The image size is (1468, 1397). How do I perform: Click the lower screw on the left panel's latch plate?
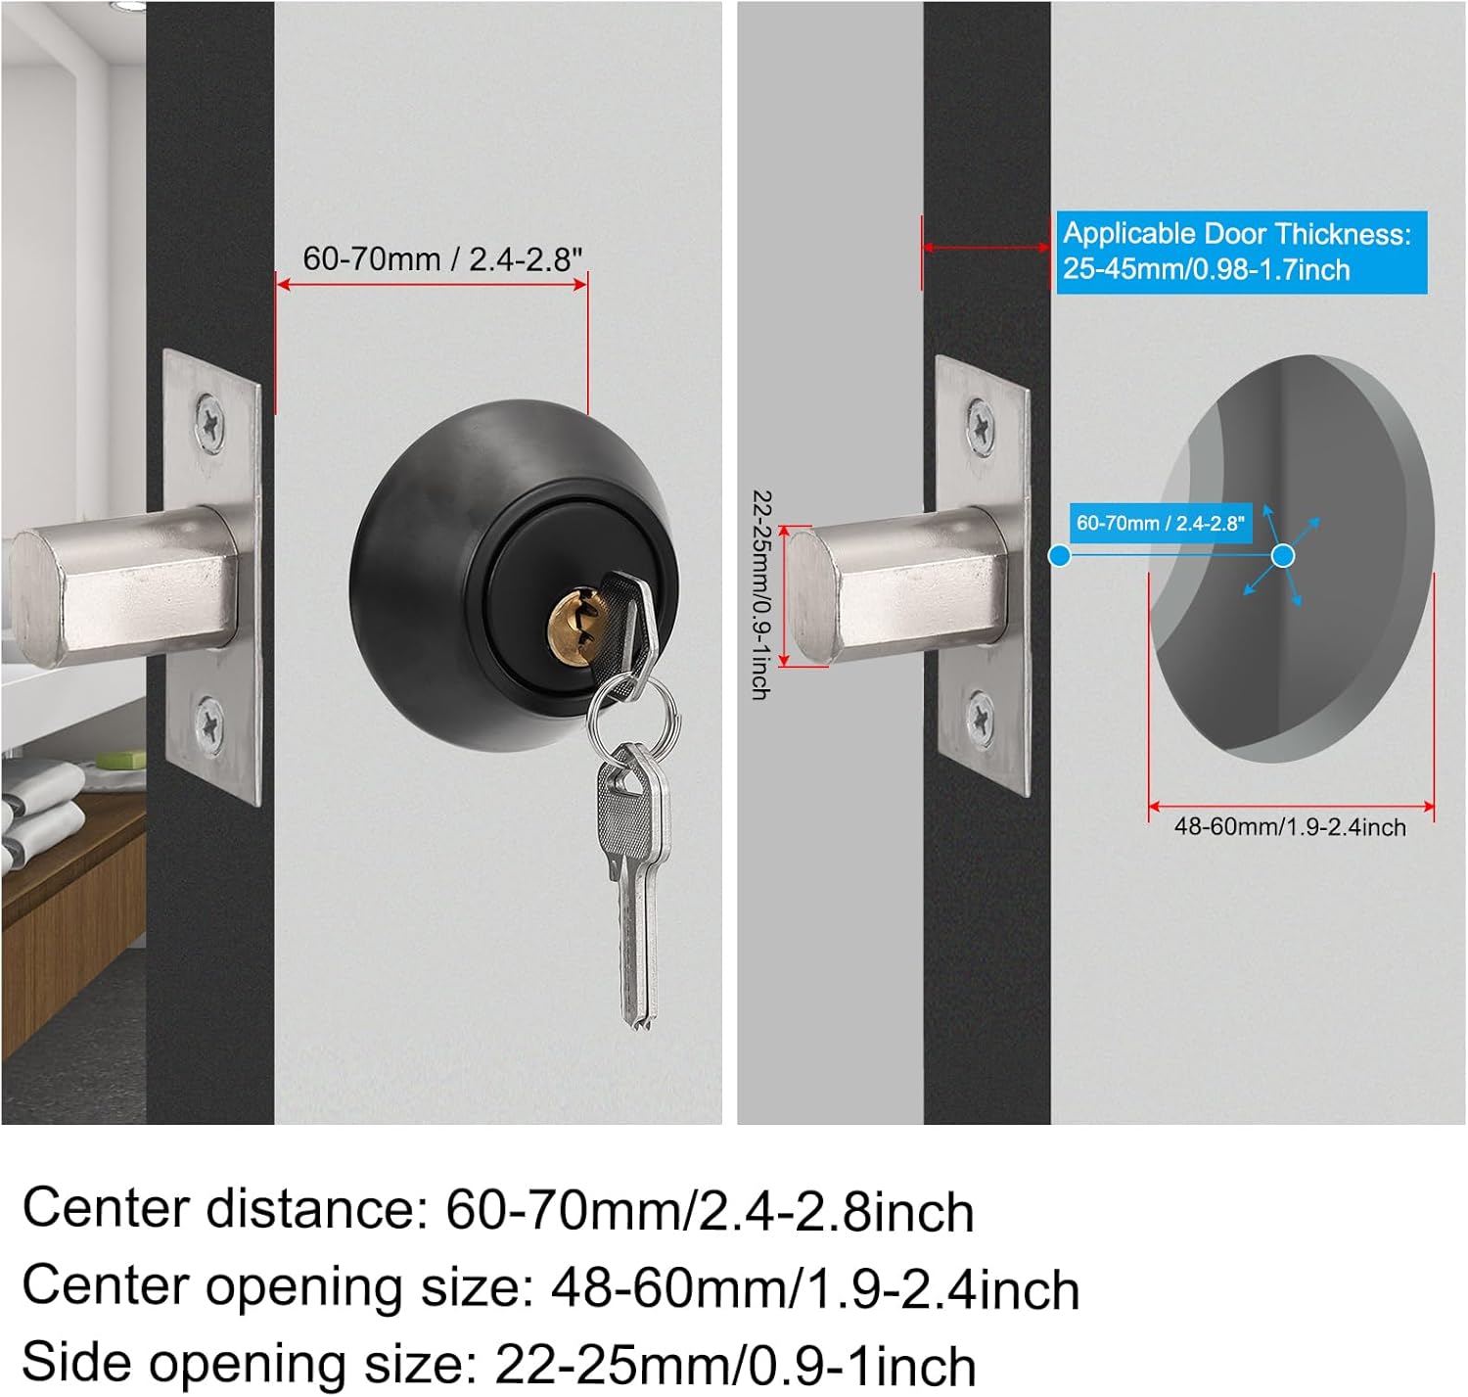pyautogui.click(x=209, y=725)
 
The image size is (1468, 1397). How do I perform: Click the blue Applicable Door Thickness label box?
pyautogui.click(x=1241, y=252)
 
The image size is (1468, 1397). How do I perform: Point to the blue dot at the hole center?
pyautogui.click(x=1282, y=556)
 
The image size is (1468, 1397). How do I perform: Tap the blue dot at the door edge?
pyautogui.click(x=1059, y=556)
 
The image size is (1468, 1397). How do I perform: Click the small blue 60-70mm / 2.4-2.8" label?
pyautogui.click(x=1160, y=523)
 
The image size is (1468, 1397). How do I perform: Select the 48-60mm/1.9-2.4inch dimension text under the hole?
pyautogui.click(x=1290, y=827)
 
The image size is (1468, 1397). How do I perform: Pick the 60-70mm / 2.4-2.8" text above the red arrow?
pyautogui.click(x=442, y=259)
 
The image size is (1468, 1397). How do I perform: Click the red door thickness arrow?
pyautogui.click(x=986, y=247)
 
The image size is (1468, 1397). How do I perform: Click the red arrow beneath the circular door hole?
pyautogui.click(x=1290, y=807)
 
